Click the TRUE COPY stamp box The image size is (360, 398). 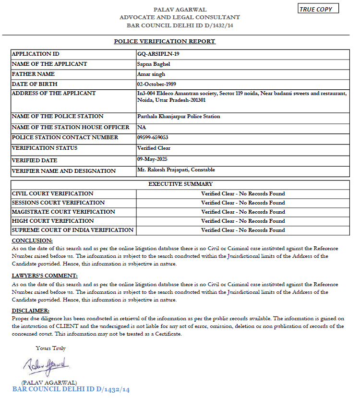[318, 9]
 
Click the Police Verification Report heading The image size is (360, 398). [165, 41]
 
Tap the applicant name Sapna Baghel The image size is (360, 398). [154, 64]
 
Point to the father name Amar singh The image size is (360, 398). [151, 74]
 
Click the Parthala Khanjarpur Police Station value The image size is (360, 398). [179, 116]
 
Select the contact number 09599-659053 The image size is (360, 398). [153, 137]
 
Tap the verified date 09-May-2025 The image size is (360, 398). [152, 159]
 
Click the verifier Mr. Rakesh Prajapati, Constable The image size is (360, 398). [176, 169]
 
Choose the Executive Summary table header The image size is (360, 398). [180, 184]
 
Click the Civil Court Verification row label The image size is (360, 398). [53, 193]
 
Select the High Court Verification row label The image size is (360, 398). [53, 221]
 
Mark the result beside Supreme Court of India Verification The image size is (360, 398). [243, 230]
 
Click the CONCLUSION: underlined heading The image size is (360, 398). [32, 241]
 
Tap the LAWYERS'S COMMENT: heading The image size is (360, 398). [45, 276]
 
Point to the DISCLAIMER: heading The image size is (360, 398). [31, 311]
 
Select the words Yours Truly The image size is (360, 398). [50, 348]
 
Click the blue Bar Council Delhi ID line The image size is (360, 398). [71, 389]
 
